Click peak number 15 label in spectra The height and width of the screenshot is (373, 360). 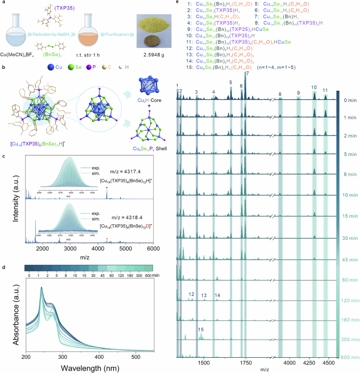click(x=201, y=329)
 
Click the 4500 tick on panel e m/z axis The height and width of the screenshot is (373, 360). click(x=328, y=362)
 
